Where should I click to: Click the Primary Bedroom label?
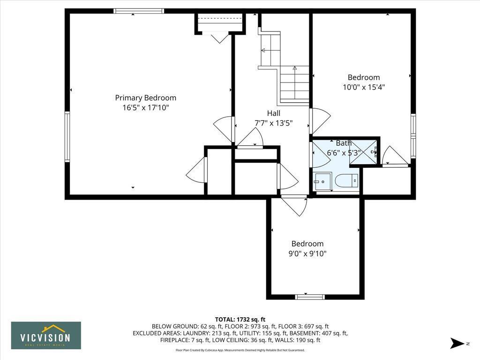tap(145, 98)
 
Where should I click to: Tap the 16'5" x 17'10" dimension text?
tap(145, 108)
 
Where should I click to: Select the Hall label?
tap(273, 113)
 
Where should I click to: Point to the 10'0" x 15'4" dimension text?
tap(364, 87)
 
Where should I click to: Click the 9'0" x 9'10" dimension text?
tap(307, 254)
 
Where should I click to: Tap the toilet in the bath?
tap(346, 180)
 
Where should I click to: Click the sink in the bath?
tap(322, 181)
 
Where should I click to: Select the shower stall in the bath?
tap(364, 151)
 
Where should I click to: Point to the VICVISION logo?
tap(46, 335)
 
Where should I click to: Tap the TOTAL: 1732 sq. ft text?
tap(240, 319)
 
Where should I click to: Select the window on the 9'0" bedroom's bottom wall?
tap(310, 297)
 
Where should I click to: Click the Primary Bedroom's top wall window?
tap(139, 11)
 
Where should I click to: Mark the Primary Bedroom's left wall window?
tap(67, 137)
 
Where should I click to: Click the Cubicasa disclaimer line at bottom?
tap(240, 350)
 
